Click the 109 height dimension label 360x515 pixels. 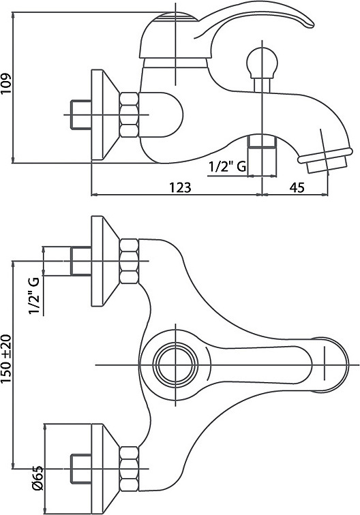6,83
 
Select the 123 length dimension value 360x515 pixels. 180,187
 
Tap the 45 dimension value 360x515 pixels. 297,187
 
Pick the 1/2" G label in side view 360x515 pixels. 228,167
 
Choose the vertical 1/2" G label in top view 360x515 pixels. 34,296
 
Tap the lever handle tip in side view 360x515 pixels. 311,25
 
